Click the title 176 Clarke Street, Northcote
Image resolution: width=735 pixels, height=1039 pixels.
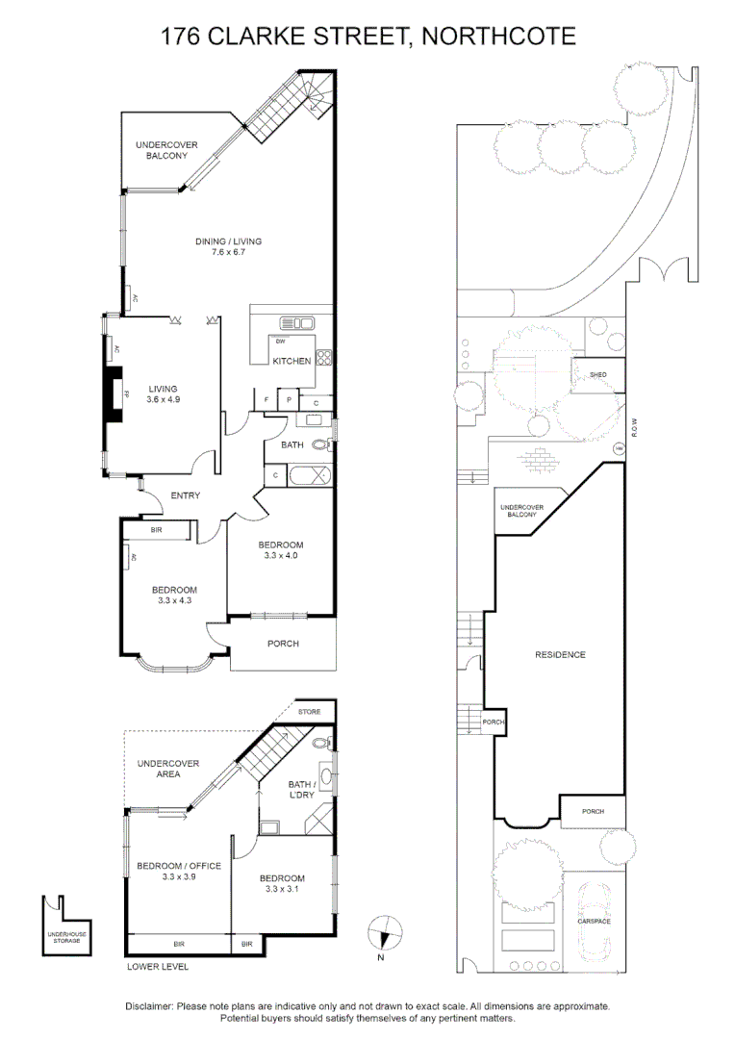[367, 37]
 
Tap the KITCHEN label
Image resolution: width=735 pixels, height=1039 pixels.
[291, 361]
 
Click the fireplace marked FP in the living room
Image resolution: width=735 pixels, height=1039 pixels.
[115, 394]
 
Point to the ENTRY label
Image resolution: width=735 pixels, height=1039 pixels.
[185, 495]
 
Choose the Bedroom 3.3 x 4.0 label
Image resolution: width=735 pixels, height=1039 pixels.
[280, 549]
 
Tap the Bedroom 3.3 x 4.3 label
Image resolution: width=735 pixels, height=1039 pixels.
[174, 596]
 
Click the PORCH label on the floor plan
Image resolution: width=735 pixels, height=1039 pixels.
[283, 644]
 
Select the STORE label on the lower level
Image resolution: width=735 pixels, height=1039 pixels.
[309, 712]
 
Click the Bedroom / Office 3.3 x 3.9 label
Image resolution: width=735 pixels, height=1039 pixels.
[178, 872]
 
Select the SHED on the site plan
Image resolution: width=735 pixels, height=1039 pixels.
[597, 374]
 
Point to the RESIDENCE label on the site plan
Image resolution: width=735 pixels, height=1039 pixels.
[560, 655]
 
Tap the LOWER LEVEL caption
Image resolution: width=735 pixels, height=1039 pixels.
[158, 966]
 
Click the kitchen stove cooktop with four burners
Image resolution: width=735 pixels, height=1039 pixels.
[325, 359]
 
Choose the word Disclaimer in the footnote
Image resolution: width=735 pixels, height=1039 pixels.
[148, 1005]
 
